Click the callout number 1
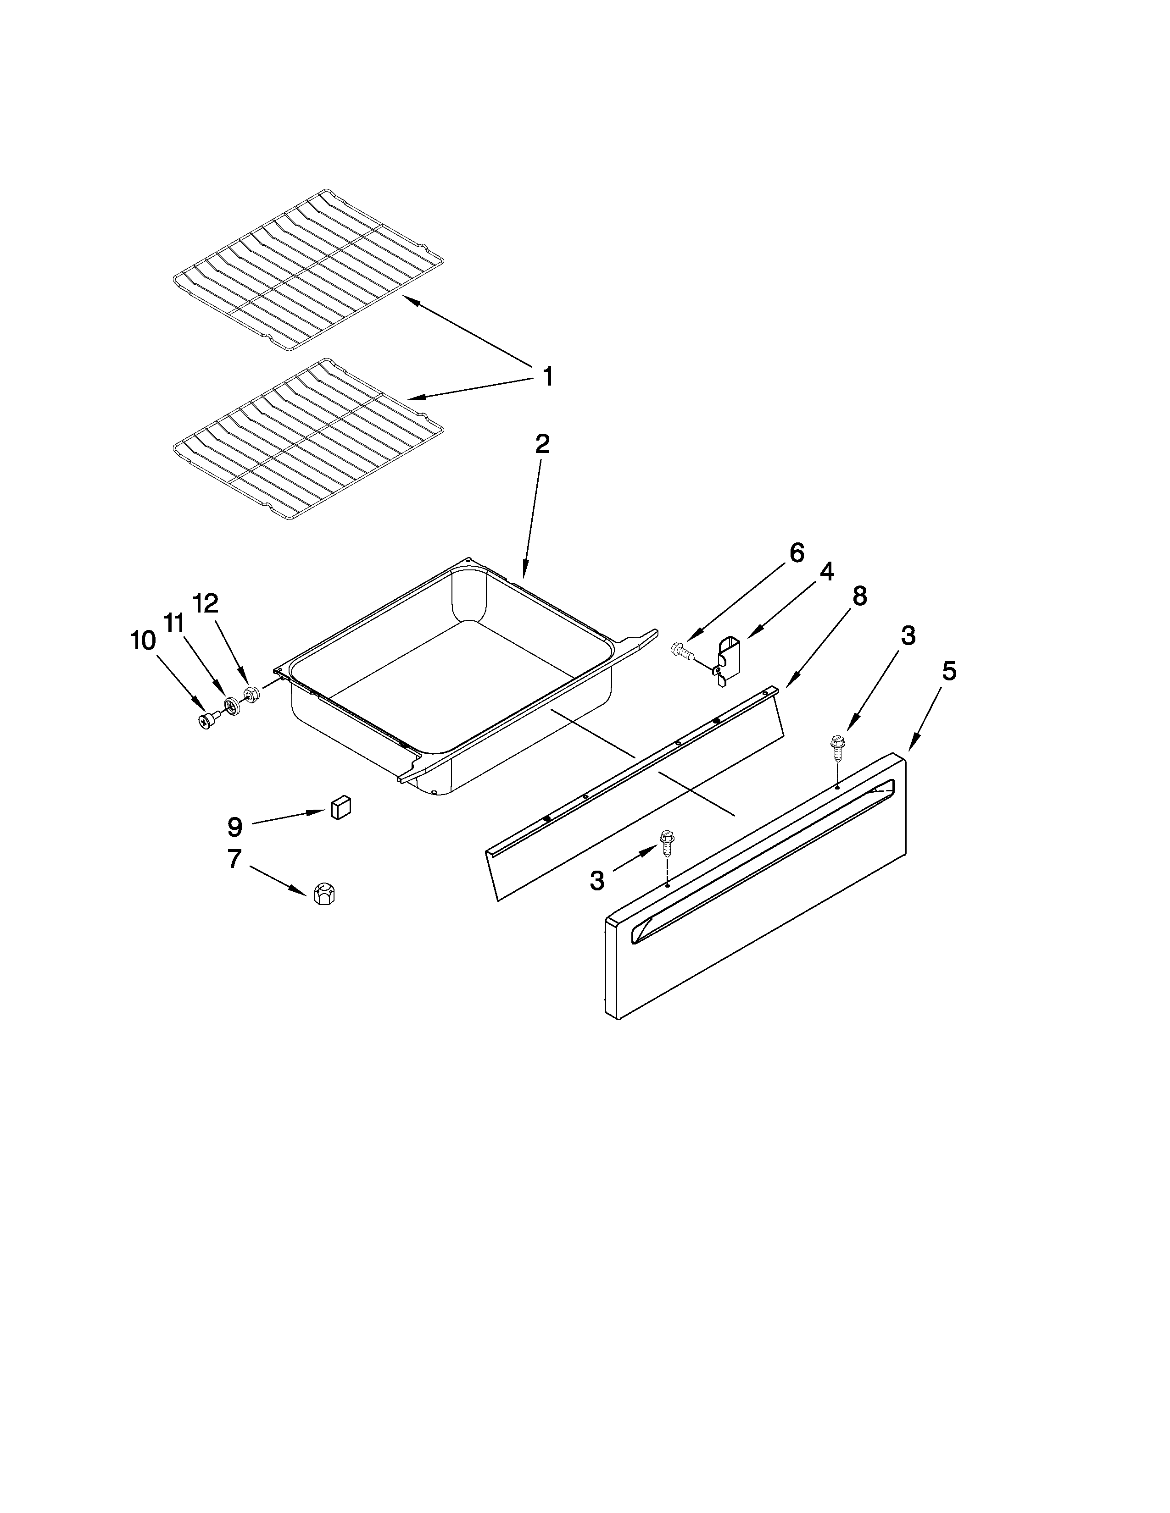pyautogui.click(x=547, y=377)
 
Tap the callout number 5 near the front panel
pyautogui.click(x=948, y=671)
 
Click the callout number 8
pyautogui.click(x=859, y=596)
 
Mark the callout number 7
pyautogui.click(x=234, y=860)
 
